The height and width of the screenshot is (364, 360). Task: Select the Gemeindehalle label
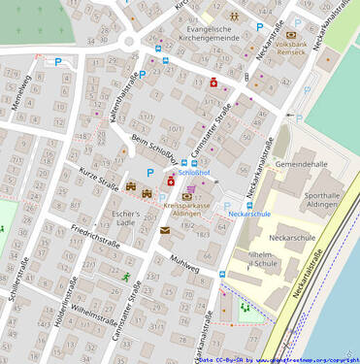click(x=302, y=165)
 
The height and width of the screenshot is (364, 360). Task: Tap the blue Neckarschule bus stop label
click(x=249, y=214)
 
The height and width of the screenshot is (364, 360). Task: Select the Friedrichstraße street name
click(x=95, y=238)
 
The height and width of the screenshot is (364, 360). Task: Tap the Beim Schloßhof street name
click(x=153, y=152)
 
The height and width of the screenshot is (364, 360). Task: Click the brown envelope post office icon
click(x=165, y=230)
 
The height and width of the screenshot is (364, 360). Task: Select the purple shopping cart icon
click(x=191, y=189)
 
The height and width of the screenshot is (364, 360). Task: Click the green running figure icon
click(x=126, y=277)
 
